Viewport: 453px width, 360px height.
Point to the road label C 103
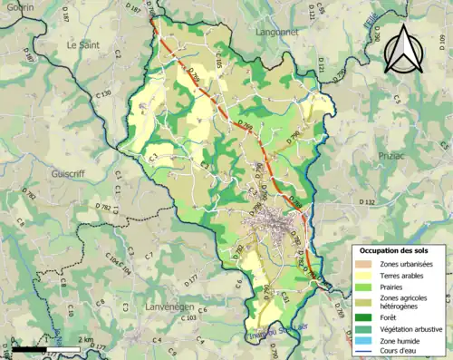click(187, 317)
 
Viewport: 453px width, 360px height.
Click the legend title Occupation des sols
click(399, 249)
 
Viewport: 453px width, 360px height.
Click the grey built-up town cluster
click(269, 220)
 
